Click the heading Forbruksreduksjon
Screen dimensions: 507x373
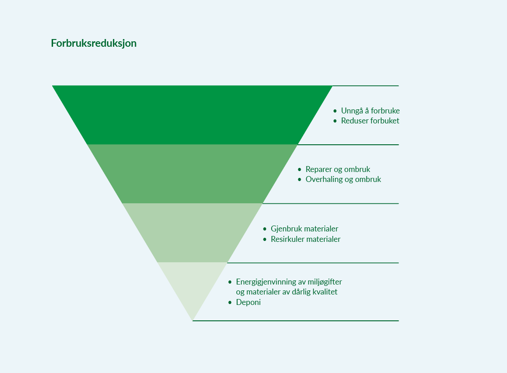(94, 44)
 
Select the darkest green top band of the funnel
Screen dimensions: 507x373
(192, 115)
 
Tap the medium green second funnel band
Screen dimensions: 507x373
(192, 174)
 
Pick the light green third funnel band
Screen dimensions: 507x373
(192, 233)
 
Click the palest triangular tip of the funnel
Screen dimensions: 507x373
(192, 285)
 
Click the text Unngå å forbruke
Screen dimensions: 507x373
(370, 111)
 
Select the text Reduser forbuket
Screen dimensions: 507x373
(370, 121)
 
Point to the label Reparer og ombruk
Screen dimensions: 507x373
(338, 170)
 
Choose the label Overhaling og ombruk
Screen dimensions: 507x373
(343, 180)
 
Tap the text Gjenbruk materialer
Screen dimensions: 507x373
(305, 229)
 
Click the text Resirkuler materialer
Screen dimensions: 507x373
(306, 239)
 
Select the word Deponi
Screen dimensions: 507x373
(249, 303)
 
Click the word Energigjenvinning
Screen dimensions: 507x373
(266, 282)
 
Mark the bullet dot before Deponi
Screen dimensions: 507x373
(230, 303)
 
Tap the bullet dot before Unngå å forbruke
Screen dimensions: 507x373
(335, 111)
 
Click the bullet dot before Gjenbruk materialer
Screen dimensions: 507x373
(265, 229)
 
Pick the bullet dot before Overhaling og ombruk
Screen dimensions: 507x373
(299, 180)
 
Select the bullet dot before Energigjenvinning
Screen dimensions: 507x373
(230, 282)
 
